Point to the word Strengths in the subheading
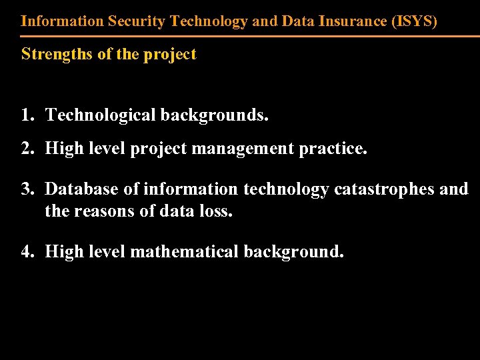click(57, 54)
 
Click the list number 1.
click(26, 115)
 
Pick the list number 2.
click(26, 148)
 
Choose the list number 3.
click(26, 189)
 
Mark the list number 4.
click(26, 251)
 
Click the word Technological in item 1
click(100, 115)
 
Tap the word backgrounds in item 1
click(213, 115)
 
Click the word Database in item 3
click(83, 189)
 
